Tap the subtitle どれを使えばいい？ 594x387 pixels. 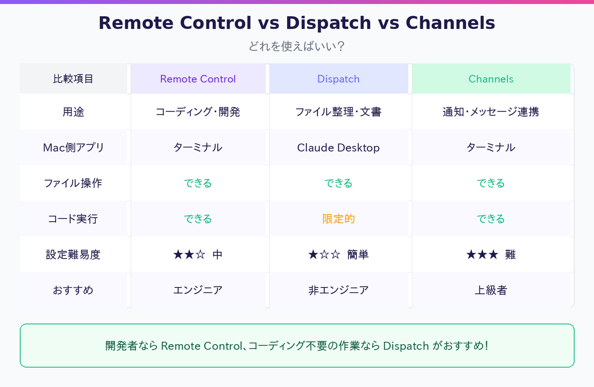coord(297,46)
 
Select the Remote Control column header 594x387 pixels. coord(198,79)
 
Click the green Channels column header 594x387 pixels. coord(491,79)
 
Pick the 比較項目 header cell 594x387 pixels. coord(73,79)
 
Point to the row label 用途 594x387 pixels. coord(73,112)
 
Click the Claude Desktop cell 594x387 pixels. coord(338,147)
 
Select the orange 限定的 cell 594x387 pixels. coord(338,219)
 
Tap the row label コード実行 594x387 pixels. coord(73,219)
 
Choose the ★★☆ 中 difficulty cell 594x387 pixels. coord(198,255)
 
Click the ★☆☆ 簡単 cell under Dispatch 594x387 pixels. coord(338,255)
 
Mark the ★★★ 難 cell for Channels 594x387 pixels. coord(491,255)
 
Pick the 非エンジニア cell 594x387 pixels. coord(338,290)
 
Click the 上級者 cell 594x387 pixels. coord(491,290)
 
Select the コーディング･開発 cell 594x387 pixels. coord(198,112)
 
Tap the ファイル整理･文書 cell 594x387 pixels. coord(338,112)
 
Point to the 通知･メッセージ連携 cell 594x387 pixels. coord(491,112)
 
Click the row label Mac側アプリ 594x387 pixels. coord(73,147)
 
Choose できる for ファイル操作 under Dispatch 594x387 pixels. coord(338,183)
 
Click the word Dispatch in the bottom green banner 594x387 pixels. coord(406,346)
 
